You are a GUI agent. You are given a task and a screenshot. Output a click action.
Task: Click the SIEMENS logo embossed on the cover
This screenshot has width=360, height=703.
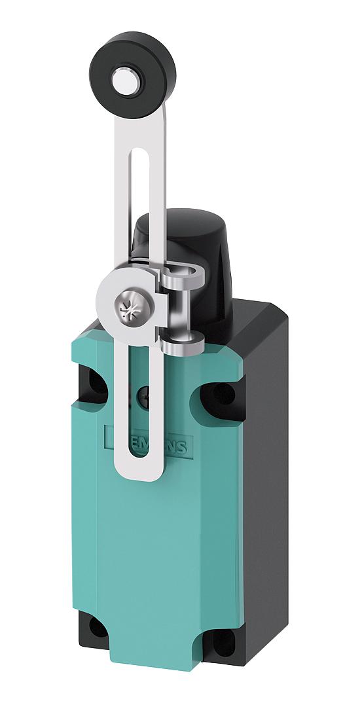click(x=147, y=441)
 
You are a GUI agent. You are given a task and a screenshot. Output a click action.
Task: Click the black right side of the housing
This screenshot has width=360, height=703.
click(x=262, y=491)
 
